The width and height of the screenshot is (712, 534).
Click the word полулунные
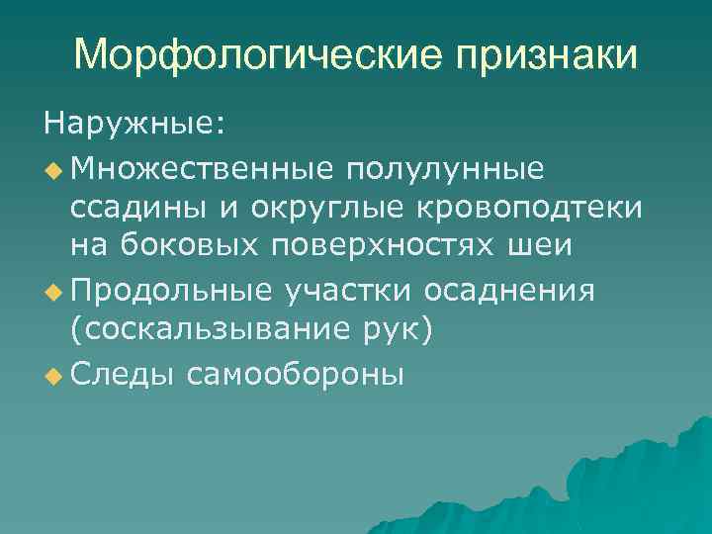point(458,170)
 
